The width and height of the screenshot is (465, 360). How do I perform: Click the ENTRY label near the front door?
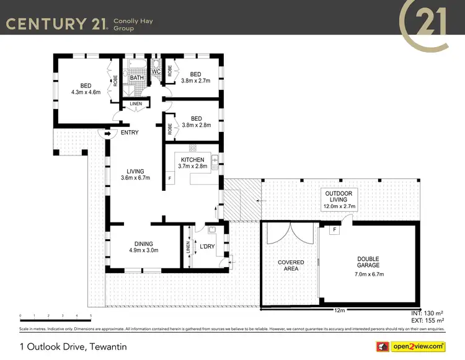click(130, 133)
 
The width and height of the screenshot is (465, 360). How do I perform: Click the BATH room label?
click(137, 77)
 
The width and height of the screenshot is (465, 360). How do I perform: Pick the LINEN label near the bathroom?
click(136, 104)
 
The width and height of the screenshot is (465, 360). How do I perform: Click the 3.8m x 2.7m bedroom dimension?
click(196, 81)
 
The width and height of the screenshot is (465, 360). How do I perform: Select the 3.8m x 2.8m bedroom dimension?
click(196, 125)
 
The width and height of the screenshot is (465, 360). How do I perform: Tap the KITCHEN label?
click(192, 160)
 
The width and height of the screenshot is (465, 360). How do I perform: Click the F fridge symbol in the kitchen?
click(170, 179)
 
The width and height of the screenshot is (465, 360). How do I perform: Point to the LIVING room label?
click(135, 172)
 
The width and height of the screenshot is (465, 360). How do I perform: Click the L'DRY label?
click(206, 247)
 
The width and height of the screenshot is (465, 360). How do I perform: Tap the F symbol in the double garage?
click(335, 230)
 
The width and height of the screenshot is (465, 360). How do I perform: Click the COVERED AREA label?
click(291, 266)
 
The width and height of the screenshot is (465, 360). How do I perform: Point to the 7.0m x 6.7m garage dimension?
click(368, 274)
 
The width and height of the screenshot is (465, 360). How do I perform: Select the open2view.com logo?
click(414, 346)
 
